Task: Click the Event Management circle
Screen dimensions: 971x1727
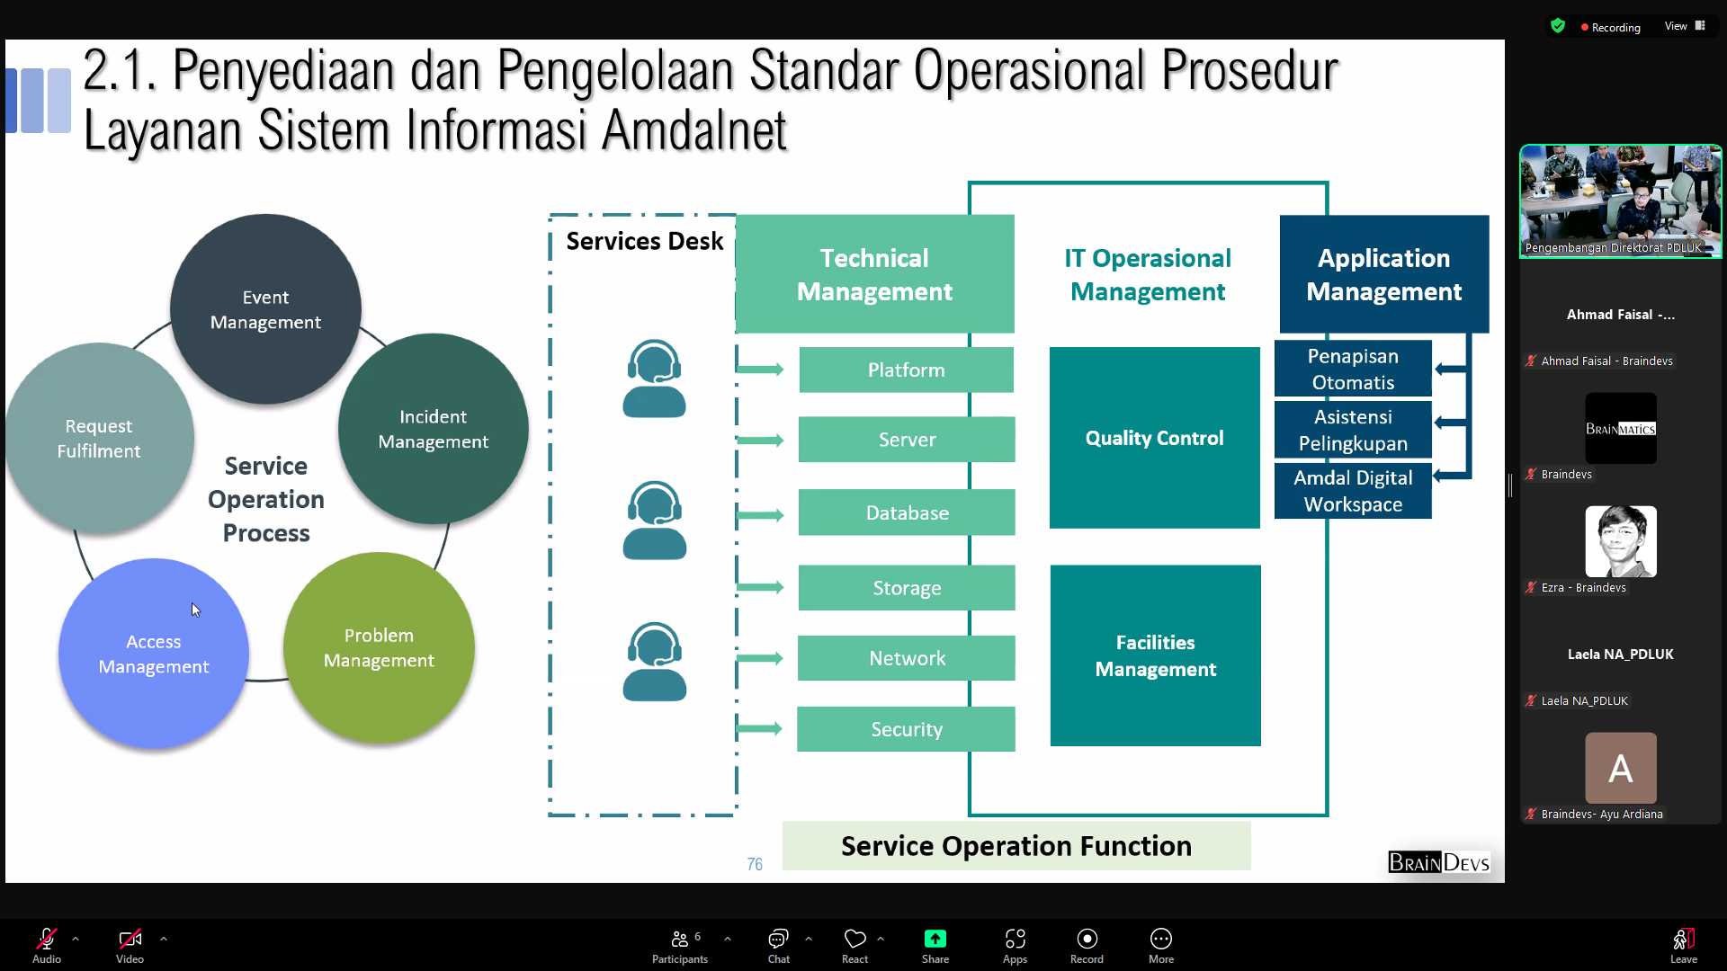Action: pos(265,309)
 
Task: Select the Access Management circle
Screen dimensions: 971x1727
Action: pos(154,654)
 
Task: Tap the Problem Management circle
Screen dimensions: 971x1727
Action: pos(379,647)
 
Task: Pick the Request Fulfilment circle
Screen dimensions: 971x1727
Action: pos(99,438)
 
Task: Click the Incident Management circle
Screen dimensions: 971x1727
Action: pos(433,429)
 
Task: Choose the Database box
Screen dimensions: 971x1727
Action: pos(907,512)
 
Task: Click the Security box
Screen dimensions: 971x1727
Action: pos(906,729)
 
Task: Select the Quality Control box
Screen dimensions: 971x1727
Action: pos(1154,438)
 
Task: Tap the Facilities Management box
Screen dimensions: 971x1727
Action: pos(1155,655)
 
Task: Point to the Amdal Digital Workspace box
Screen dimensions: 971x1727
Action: pos(1352,491)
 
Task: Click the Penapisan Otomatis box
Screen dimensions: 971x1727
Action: pos(1352,369)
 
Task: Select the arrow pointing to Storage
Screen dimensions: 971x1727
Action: pos(760,587)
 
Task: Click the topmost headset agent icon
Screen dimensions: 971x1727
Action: pos(654,379)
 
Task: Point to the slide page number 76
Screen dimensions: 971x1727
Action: pos(755,864)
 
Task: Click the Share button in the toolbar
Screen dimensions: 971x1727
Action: pos(935,945)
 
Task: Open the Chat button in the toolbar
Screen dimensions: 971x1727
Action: pos(778,945)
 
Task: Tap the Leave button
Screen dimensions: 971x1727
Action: pos(1683,945)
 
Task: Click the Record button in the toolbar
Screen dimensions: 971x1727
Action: pos(1087,945)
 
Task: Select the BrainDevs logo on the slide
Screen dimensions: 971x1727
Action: pos(1438,863)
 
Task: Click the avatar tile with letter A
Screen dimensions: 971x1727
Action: pos(1620,768)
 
